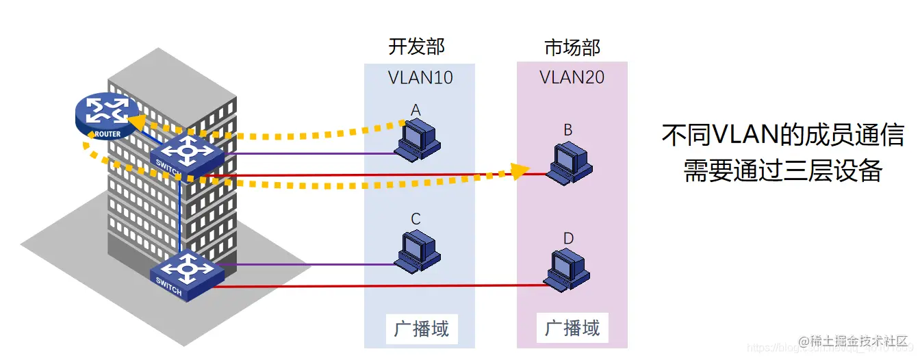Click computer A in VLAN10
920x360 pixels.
pos(418,140)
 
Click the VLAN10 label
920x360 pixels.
pos(420,77)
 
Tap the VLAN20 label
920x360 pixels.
pos(572,77)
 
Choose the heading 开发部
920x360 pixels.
pos(416,47)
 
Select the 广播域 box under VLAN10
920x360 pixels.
pos(421,329)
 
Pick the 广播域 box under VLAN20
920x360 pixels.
pos(572,328)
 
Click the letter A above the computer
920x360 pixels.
pos(416,110)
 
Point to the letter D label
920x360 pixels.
pos(568,239)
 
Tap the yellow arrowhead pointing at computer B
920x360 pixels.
pos(522,171)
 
